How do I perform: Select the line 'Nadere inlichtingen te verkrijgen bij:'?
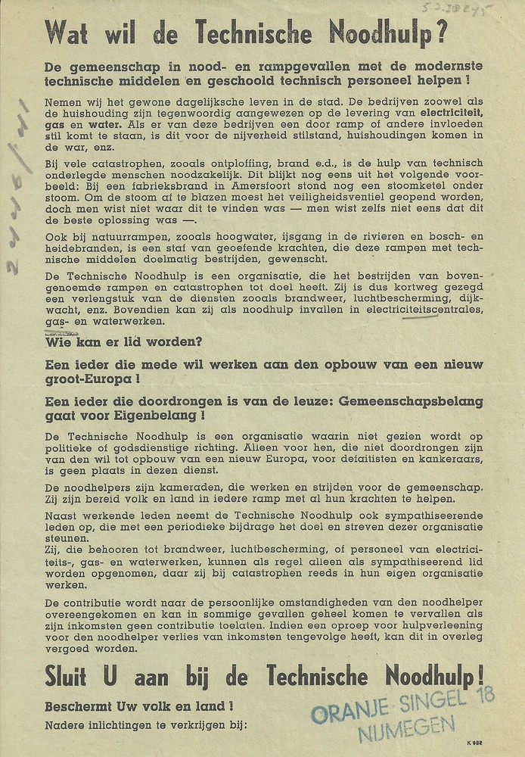(x=145, y=724)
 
